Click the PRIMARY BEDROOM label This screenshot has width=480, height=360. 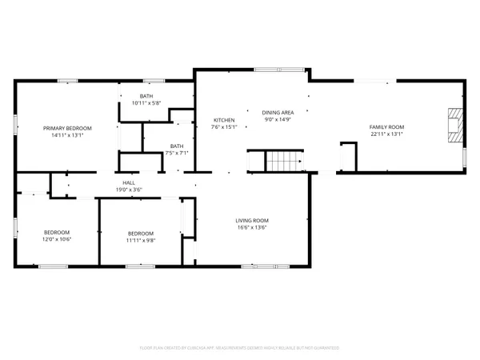(x=67, y=128)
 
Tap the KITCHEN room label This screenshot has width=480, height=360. (x=223, y=120)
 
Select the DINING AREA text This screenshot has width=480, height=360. (x=278, y=113)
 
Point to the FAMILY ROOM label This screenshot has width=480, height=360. (x=386, y=127)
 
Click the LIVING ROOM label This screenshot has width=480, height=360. (x=251, y=220)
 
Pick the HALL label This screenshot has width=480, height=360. (x=128, y=182)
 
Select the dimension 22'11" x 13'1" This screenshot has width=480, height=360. (x=386, y=134)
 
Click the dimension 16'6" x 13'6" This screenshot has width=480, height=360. (x=251, y=227)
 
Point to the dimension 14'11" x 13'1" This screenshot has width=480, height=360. (x=67, y=135)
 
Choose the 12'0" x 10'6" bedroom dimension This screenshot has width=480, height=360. (x=57, y=239)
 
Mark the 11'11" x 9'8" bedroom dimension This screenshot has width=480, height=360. (x=141, y=239)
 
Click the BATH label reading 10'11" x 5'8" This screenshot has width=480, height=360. (x=146, y=99)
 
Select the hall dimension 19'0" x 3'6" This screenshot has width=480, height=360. (x=128, y=190)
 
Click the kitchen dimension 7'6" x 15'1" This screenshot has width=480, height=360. (x=223, y=127)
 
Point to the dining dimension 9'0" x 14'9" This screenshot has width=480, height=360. (x=278, y=120)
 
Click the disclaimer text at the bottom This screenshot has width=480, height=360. (x=240, y=348)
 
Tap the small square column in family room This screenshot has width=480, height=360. (x=348, y=156)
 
